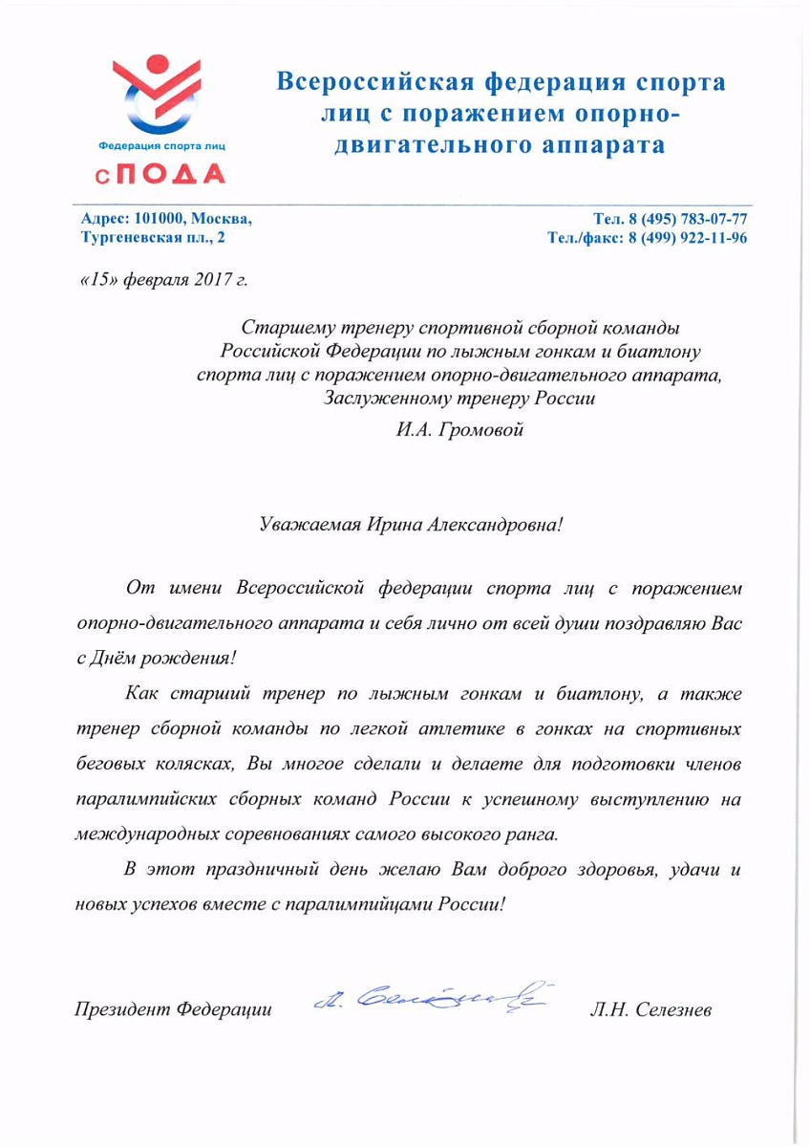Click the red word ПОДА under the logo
point(173,173)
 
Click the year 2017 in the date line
point(216,280)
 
